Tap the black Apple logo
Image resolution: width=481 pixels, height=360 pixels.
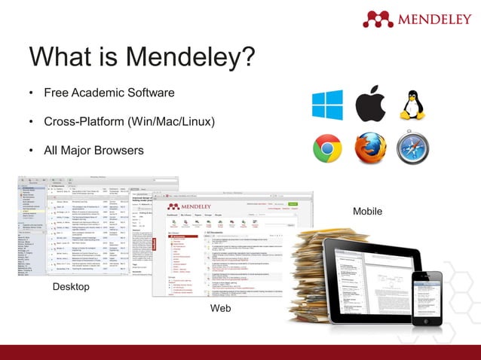tap(369, 105)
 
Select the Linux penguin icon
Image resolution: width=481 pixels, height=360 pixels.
tap(412, 105)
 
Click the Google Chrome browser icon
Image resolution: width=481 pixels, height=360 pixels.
tap(327, 148)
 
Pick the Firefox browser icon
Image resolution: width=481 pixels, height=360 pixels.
tap(369, 148)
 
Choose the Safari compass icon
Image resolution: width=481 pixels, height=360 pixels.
tap(412, 148)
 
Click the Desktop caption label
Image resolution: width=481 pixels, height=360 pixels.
tap(71, 287)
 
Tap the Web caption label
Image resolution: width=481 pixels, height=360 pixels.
tap(220, 309)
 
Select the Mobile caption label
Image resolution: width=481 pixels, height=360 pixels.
tap(367, 212)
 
